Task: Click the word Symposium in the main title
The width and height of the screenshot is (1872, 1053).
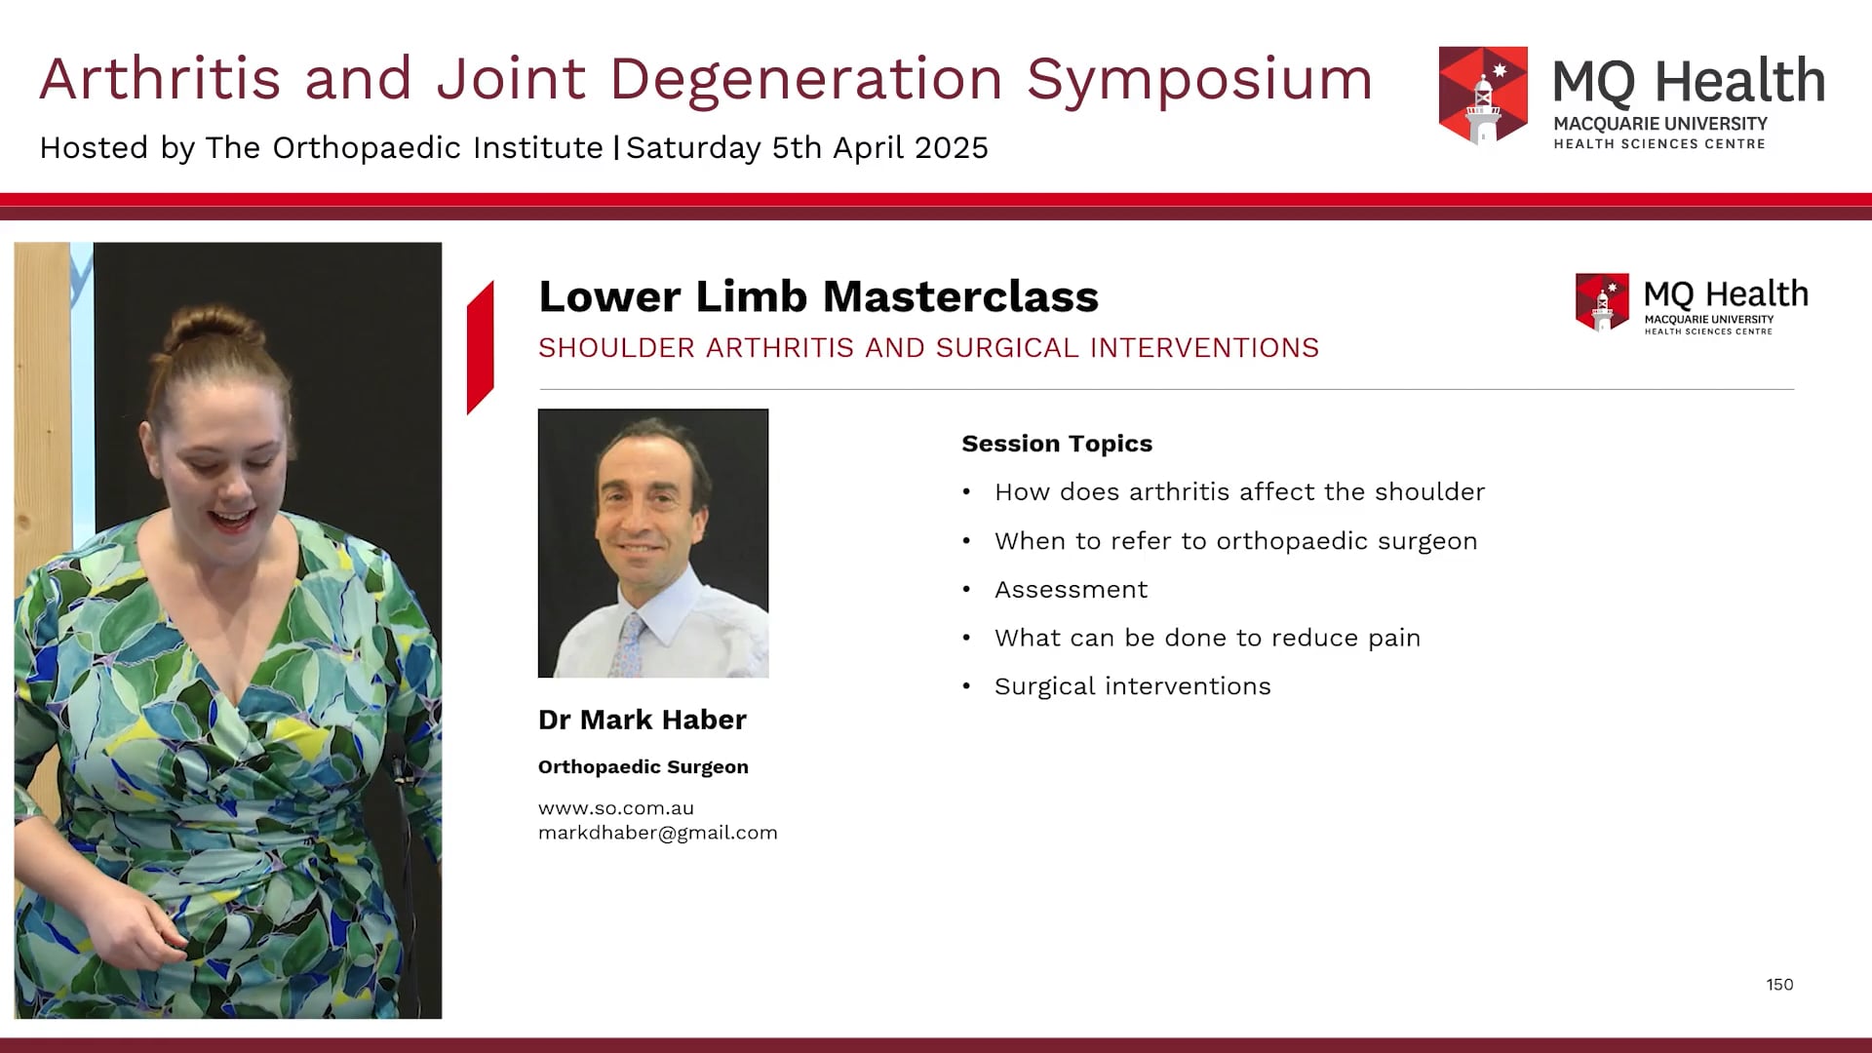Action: pyautogui.click(x=1199, y=79)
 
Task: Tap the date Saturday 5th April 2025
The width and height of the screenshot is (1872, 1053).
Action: pyautogui.click(x=807, y=148)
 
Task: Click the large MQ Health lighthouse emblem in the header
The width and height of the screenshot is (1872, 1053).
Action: pyautogui.click(x=1483, y=96)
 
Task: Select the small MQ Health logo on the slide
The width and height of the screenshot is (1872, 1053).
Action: pyautogui.click(x=1692, y=303)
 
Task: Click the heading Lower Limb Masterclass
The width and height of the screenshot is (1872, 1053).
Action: pyautogui.click(x=818, y=296)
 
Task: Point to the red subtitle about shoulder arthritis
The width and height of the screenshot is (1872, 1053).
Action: pyautogui.click(x=928, y=348)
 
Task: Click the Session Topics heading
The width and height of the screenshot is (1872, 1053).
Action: pyautogui.click(x=1057, y=444)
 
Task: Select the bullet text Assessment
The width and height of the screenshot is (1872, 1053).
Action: pyautogui.click(x=1071, y=590)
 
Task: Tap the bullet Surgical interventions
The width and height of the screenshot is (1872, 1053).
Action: pyautogui.click(x=1132, y=686)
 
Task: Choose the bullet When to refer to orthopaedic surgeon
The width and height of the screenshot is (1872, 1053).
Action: pyautogui.click(x=1235, y=541)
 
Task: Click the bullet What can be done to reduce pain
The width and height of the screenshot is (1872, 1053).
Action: pyautogui.click(x=1207, y=638)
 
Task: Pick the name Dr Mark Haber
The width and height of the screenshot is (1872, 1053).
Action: pyautogui.click(x=642, y=720)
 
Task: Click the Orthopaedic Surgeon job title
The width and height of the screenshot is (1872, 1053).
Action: pyautogui.click(x=643, y=767)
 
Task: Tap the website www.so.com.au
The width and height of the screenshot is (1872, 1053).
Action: pyautogui.click(x=615, y=808)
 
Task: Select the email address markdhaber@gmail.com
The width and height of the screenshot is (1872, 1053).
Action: pyautogui.click(x=657, y=833)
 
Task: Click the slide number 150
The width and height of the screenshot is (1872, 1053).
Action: pyautogui.click(x=1779, y=985)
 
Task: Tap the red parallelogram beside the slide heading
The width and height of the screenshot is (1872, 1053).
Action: pyautogui.click(x=480, y=347)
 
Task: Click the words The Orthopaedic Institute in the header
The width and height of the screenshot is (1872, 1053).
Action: pyautogui.click(x=404, y=148)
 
